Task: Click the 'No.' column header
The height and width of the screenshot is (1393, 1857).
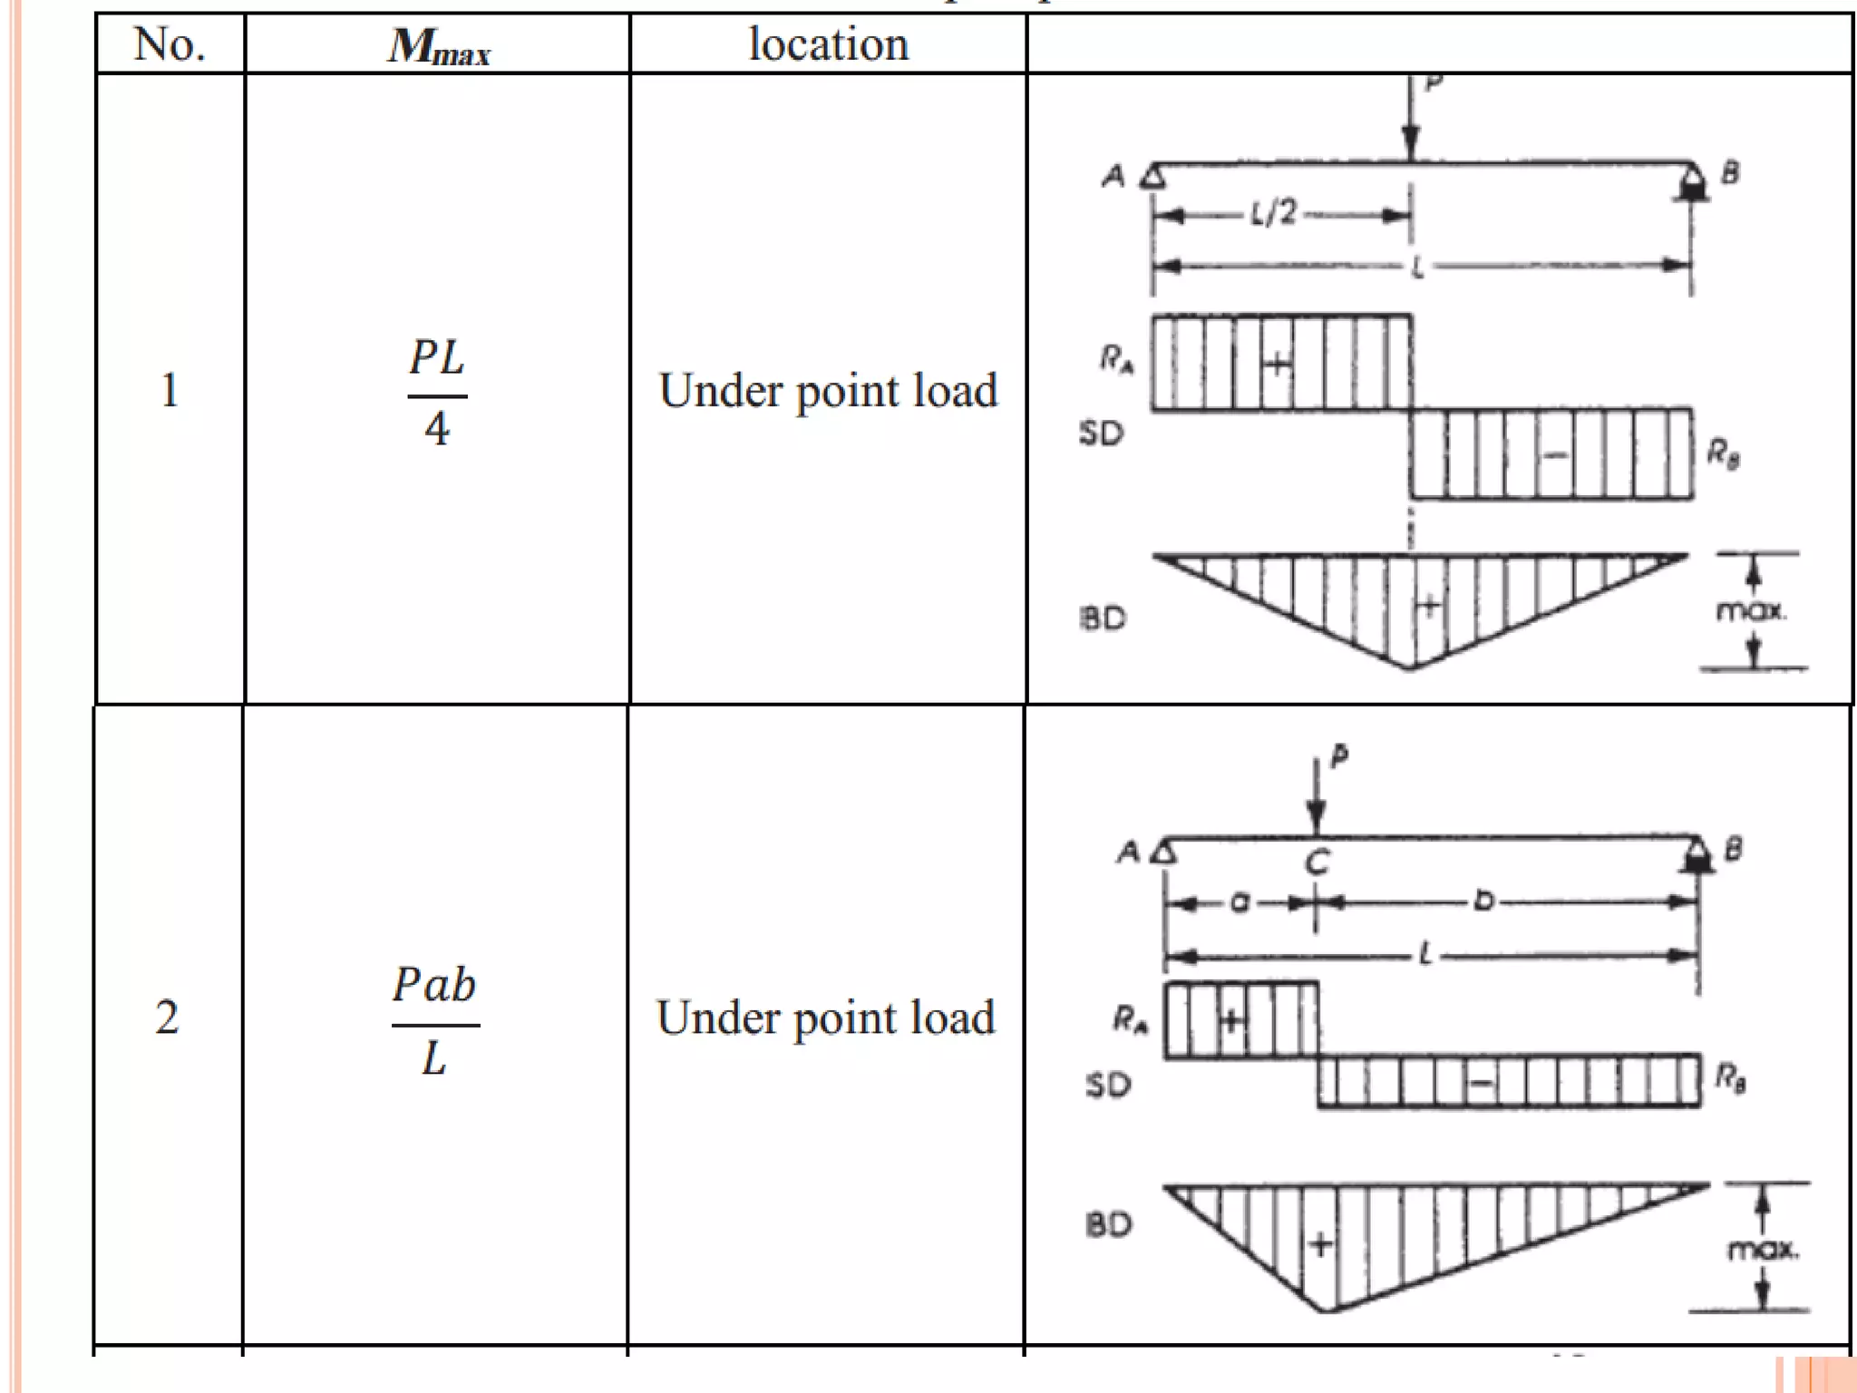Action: coord(169,44)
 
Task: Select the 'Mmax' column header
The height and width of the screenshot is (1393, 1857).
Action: coord(439,46)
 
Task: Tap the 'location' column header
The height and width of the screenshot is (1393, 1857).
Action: coord(828,44)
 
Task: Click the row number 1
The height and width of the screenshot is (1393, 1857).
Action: coord(169,391)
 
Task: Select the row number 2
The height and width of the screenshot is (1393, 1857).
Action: coord(167,1018)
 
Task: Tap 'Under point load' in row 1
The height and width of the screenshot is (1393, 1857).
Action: coord(828,391)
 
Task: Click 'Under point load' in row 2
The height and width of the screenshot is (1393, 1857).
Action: coord(825,1018)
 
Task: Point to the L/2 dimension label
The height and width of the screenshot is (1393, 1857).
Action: coord(1274,214)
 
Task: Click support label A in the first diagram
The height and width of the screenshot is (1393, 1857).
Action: coord(1113,176)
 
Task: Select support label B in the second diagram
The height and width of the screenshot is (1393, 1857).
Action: coord(1733,850)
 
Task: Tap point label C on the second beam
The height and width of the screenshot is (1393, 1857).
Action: coord(1317,862)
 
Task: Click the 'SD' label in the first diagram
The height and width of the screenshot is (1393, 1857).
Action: coord(1101,433)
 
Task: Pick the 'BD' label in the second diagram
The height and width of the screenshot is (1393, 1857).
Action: coord(1108,1225)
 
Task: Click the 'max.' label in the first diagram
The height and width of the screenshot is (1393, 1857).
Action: coord(1751,611)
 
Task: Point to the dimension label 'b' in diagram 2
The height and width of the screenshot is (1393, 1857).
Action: coord(1483,901)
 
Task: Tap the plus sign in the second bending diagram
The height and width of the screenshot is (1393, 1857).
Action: coord(1320,1244)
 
